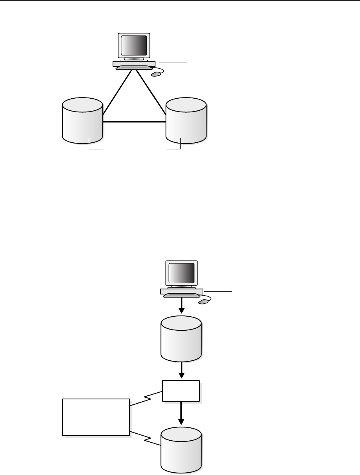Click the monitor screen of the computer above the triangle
coord(134,45)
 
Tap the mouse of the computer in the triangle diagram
coord(155,74)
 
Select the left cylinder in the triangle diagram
coord(82,121)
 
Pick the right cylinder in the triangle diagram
coord(186,121)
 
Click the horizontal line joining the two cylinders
coord(134,122)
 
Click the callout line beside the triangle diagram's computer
coord(173,62)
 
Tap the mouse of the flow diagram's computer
coord(203,301)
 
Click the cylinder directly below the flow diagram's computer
coord(181,339)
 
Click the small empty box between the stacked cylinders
coord(181,391)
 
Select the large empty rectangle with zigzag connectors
coord(96,417)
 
